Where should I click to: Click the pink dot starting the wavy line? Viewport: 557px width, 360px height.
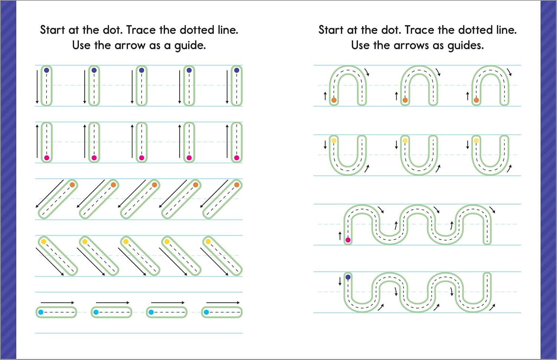click(x=348, y=240)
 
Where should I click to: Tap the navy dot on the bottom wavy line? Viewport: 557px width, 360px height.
click(x=348, y=277)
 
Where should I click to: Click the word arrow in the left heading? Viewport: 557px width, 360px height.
click(x=130, y=45)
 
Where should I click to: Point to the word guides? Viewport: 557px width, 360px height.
click(x=465, y=46)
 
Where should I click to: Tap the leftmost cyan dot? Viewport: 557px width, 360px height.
click(x=41, y=312)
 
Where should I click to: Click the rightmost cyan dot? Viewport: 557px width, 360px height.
click(x=206, y=312)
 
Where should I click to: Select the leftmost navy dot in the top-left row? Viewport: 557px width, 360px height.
click(x=46, y=70)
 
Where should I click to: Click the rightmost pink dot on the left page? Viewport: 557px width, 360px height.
click(x=237, y=158)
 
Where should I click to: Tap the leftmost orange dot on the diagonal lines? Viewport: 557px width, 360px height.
click(x=72, y=185)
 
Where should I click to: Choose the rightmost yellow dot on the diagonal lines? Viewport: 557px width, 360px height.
click(x=208, y=242)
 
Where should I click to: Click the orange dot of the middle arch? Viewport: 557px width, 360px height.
click(x=405, y=100)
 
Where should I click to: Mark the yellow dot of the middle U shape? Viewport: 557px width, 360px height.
click(x=405, y=141)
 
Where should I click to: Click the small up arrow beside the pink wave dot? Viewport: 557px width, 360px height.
click(x=340, y=236)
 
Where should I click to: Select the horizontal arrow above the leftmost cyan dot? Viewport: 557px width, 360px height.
click(x=57, y=302)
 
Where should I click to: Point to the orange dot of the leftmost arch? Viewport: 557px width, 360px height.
click(x=334, y=100)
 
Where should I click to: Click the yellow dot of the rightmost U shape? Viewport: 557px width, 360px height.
click(x=476, y=141)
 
